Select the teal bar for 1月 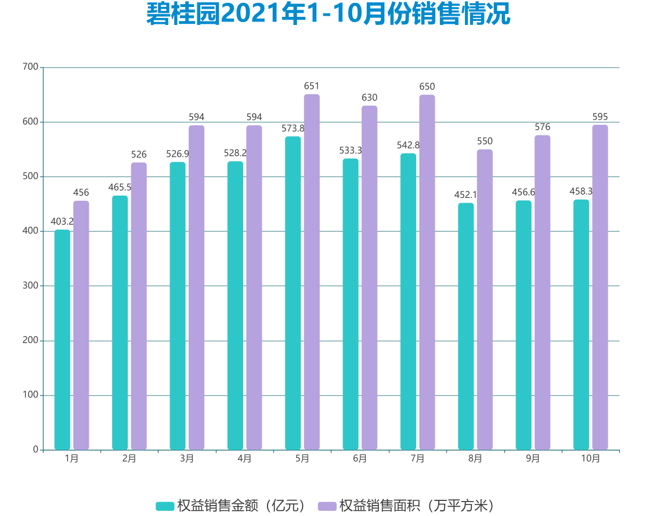click(62, 340)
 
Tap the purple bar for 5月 click(312, 272)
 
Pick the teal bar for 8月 click(465, 326)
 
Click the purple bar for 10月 click(600, 287)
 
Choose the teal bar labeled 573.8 click(293, 293)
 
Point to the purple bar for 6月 click(369, 277)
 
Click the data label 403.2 click(62, 221)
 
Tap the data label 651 click(312, 86)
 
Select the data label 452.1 click(465, 194)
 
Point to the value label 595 click(600, 117)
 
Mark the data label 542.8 click(408, 145)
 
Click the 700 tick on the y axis click(31, 67)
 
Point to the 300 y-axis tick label click(31, 286)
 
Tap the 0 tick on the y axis click(35, 450)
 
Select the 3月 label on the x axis click(187, 459)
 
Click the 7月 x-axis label click(417, 459)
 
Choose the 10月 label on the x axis click(590, 459)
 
